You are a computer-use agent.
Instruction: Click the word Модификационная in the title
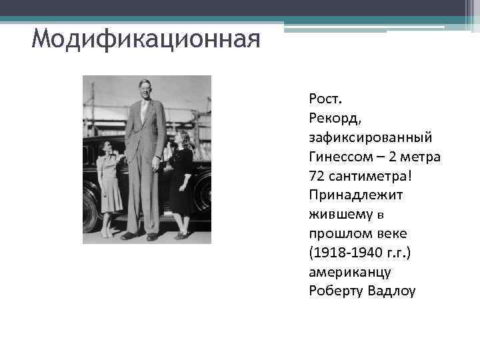click(145, 41)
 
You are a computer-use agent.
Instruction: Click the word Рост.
click(325, 99)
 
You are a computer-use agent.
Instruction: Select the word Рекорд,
click(335, 119)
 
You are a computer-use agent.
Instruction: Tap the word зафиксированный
click(370, 137)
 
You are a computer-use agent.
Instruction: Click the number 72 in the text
click(316, 177)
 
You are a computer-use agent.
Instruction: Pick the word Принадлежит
click(351, 196)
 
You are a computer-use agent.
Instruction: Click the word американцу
click(350, 273)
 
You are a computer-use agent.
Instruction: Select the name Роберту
click(336, 292)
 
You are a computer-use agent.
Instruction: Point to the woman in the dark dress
click(181, 180)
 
